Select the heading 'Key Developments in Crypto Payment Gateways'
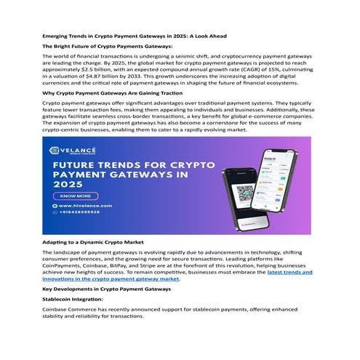coord(107,289)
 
